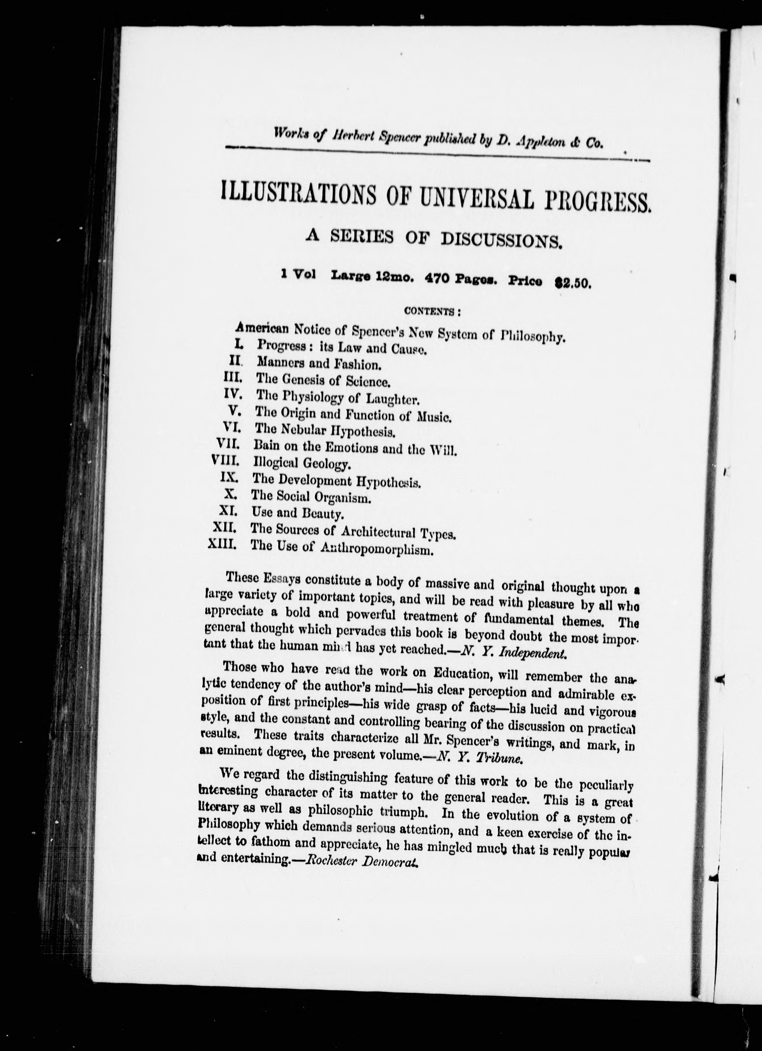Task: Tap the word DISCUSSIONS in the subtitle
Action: click(x=501, y=240)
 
